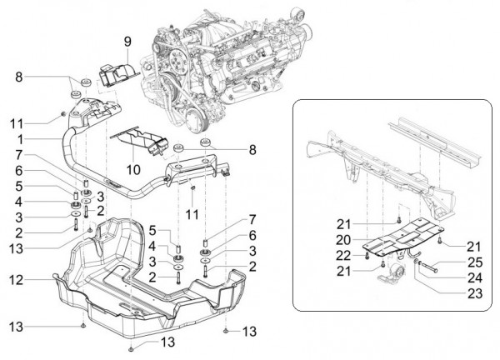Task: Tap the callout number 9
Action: [128, 41]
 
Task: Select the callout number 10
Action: [130, 170]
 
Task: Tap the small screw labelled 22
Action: [367, 256]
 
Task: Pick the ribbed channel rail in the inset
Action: [433, 147]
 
